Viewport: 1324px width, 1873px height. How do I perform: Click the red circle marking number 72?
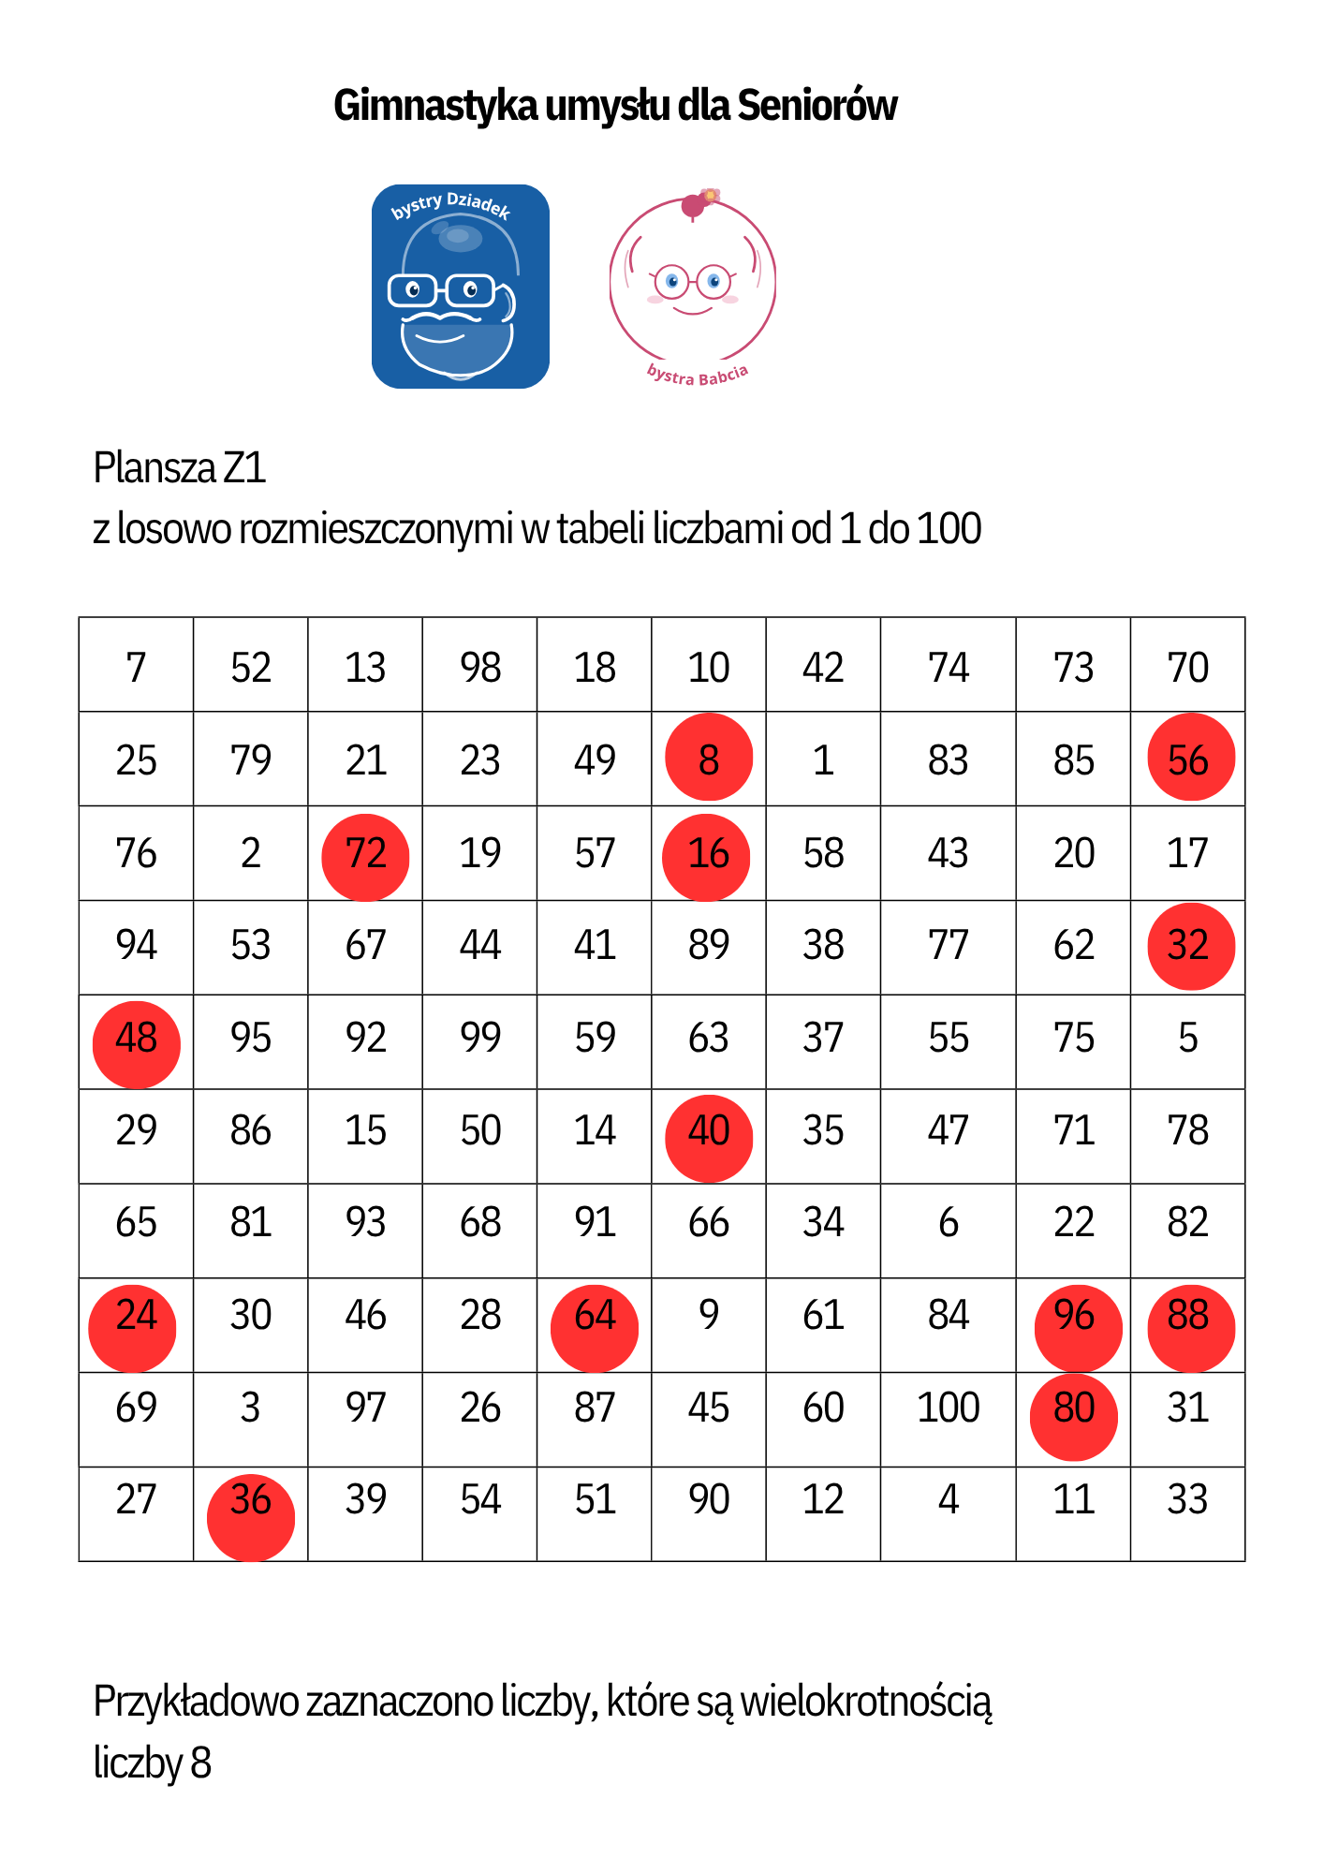click(365, 857)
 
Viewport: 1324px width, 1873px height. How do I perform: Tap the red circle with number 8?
click(709, 757)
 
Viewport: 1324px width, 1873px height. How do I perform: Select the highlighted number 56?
click(1191, 757)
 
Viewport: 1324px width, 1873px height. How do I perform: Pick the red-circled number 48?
click(137, 1044)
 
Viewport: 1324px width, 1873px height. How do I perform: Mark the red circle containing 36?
click(251, 1517)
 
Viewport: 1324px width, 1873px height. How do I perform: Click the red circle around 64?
click(595, 1328)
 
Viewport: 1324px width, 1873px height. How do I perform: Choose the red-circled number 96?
click(1078, 1328)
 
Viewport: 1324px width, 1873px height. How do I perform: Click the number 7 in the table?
click(137, 665)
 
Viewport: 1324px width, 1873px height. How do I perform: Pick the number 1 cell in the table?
click(823, 759)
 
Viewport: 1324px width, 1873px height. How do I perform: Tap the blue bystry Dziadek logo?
click(461, 287)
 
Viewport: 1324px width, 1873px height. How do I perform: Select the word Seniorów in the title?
click(817, 105)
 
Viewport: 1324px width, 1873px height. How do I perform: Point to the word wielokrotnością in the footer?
click(866, 1702)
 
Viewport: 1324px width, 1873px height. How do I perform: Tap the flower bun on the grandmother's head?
click(698, 202)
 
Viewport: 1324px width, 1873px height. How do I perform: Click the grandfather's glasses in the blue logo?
click(442, 290)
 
